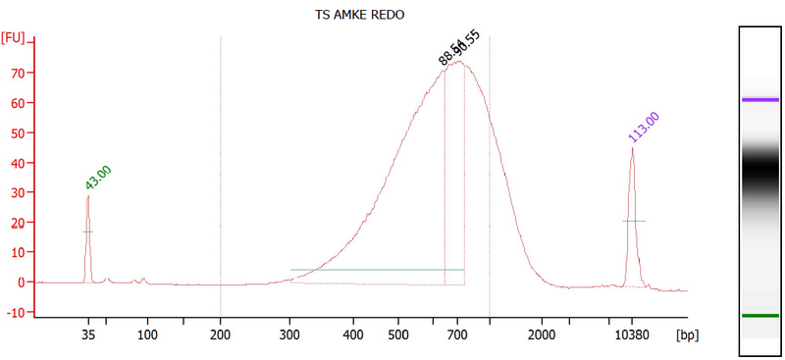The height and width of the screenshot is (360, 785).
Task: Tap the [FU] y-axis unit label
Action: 14,37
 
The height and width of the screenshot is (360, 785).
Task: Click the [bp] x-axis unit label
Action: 686,335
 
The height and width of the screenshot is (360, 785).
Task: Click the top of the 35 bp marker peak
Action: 88,196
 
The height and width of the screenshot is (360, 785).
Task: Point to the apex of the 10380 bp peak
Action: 632,148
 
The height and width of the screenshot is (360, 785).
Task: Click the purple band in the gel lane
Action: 760,100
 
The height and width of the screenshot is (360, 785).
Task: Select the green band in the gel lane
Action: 760,316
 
